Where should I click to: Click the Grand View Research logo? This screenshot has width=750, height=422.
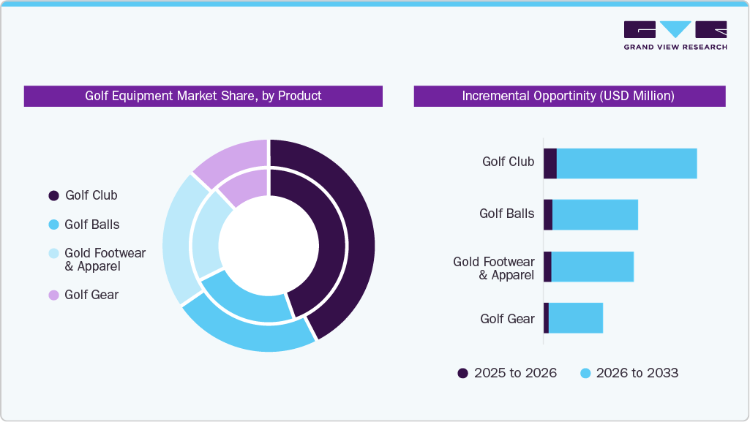pos(675,35)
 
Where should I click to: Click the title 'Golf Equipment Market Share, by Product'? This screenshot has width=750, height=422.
pos(203,96)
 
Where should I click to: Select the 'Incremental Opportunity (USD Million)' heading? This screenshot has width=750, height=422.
pos(569,96)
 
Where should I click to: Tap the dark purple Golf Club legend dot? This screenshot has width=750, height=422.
pos(53,195)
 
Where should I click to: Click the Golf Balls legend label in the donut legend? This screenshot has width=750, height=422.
pos(92,225)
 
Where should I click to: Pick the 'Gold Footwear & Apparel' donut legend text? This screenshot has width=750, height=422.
pos(105,260)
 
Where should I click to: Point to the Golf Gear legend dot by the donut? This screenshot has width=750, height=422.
pos(53,295)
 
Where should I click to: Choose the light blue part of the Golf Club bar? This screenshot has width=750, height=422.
pos(626,163)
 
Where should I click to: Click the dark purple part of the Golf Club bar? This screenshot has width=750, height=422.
pos(550,163)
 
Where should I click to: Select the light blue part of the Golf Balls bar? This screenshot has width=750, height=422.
pos(595,214)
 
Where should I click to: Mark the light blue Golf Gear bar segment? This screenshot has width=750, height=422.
pos(575,318)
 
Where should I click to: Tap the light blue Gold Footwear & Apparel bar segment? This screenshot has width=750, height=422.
pos(592,266)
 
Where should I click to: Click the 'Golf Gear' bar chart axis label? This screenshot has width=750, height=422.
pos(507,318)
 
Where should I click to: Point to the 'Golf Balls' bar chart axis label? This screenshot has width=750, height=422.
pos(506,214)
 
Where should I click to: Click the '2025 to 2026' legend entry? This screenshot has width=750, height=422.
pos(507,373)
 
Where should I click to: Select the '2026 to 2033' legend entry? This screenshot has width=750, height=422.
pos(629,373)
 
